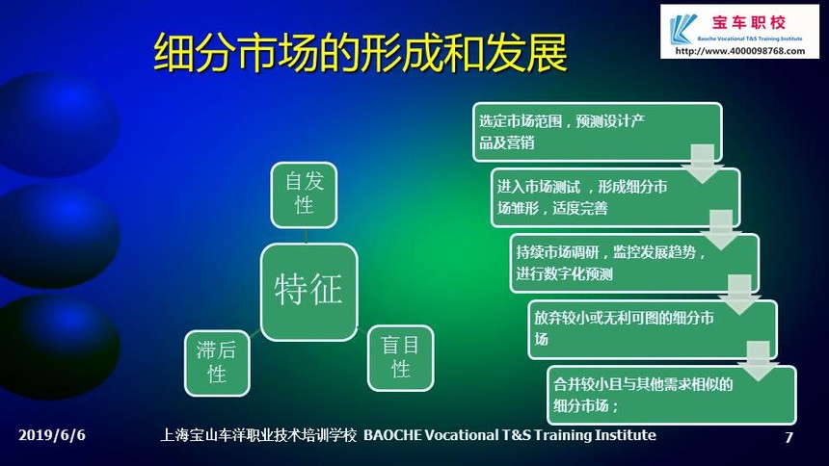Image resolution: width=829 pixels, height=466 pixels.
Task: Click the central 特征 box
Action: pyautogui.click(x=309, y=292)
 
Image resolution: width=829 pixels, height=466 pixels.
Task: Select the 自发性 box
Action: pyautogui.click(x=304, y=194)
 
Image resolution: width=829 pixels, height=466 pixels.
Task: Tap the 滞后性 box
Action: pyautogui.click(x=217, y=363)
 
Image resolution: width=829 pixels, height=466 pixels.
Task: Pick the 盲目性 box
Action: pyautogui.click(x=401, y=358)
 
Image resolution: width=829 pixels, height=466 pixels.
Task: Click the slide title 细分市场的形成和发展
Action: pyautogui.click(x=361, y=52)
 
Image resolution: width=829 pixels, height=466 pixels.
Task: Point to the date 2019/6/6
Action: pyautogui.click(x=52, y=435)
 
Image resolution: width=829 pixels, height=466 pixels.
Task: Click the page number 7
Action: pyautogui.click(x=789, y=437)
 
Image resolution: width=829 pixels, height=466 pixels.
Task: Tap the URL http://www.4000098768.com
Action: pyautogui.click(x=740, y=51)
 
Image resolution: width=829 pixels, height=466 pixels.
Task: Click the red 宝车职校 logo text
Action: pyautogui.click(x=749, y=23)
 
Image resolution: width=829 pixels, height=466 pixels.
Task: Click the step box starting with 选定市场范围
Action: pyautogui.click(x=598, y=132)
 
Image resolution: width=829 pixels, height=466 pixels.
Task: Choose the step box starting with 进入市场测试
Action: pyautogui.click(x=615, y=197)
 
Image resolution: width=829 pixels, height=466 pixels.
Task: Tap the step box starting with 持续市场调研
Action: pyautogui.click(x=634, y=263)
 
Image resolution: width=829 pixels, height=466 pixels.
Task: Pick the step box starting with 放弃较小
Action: pyautogui.click(x=653, y=329)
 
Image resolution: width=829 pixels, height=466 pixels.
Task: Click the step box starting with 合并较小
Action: pyautogui.click(x=672, y=395)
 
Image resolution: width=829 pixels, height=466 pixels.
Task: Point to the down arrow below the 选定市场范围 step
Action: pyautogui.click(x=703, y=165)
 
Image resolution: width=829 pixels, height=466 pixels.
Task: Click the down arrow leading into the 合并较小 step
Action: pyautogui.click(x=759, y=361)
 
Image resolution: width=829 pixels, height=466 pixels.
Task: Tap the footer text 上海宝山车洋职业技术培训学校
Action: pyautogui.click(x=258, y=435)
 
